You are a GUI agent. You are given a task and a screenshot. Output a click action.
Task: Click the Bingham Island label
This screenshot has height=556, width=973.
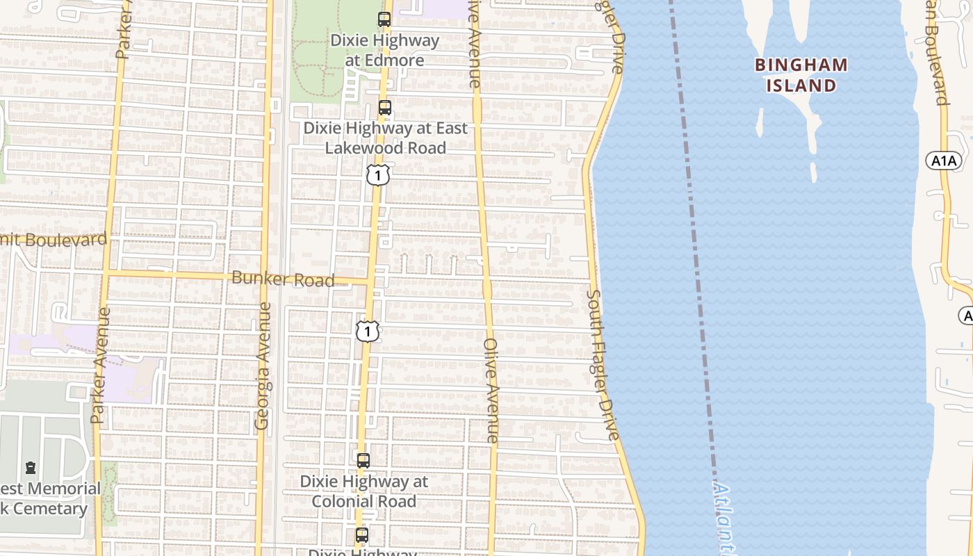[x=801, y=75]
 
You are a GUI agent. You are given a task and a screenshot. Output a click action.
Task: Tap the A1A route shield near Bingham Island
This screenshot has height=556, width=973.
[x=943, y=161]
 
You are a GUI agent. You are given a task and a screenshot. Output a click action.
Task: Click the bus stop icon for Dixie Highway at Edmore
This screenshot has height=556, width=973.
[x=384, y=19]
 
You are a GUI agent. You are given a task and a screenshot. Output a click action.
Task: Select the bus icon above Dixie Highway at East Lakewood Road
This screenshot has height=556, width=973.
[x=384, y=108]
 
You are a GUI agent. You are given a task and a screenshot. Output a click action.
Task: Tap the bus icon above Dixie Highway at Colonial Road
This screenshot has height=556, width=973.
[x=363, y=460]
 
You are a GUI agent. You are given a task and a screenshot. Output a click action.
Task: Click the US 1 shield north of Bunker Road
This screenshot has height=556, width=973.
[x=377, y=175]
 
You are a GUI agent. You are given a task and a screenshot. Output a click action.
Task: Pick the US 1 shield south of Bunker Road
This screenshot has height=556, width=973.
[x=367, y=331]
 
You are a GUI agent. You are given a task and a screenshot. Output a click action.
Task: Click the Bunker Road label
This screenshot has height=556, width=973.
[x=283, y=279]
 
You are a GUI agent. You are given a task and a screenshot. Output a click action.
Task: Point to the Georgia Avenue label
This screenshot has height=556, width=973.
[x=263, y=365]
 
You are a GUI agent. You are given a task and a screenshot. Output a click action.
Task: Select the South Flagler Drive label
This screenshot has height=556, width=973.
[x=602, y=365]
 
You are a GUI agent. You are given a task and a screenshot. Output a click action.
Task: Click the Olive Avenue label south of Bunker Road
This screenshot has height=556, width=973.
[x=491, y=391]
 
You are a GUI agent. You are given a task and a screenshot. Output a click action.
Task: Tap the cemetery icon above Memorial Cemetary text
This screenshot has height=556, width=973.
[x=31, y=468]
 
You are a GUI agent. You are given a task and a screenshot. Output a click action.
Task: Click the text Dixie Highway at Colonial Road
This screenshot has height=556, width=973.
[x=363, y=491]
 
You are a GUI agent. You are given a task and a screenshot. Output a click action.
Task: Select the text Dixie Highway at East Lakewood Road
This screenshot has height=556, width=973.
[x=385, y=138]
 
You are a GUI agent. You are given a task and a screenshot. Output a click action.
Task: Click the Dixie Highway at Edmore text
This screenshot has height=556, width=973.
[x=384, y=50]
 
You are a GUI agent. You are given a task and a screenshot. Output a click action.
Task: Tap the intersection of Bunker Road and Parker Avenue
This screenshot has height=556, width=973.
[x=108, y=273]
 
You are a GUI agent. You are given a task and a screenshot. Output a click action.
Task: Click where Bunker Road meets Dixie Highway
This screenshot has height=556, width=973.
[x=371, y=281]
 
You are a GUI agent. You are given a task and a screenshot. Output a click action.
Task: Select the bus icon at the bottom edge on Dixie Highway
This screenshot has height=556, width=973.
[x=361, y=535]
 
